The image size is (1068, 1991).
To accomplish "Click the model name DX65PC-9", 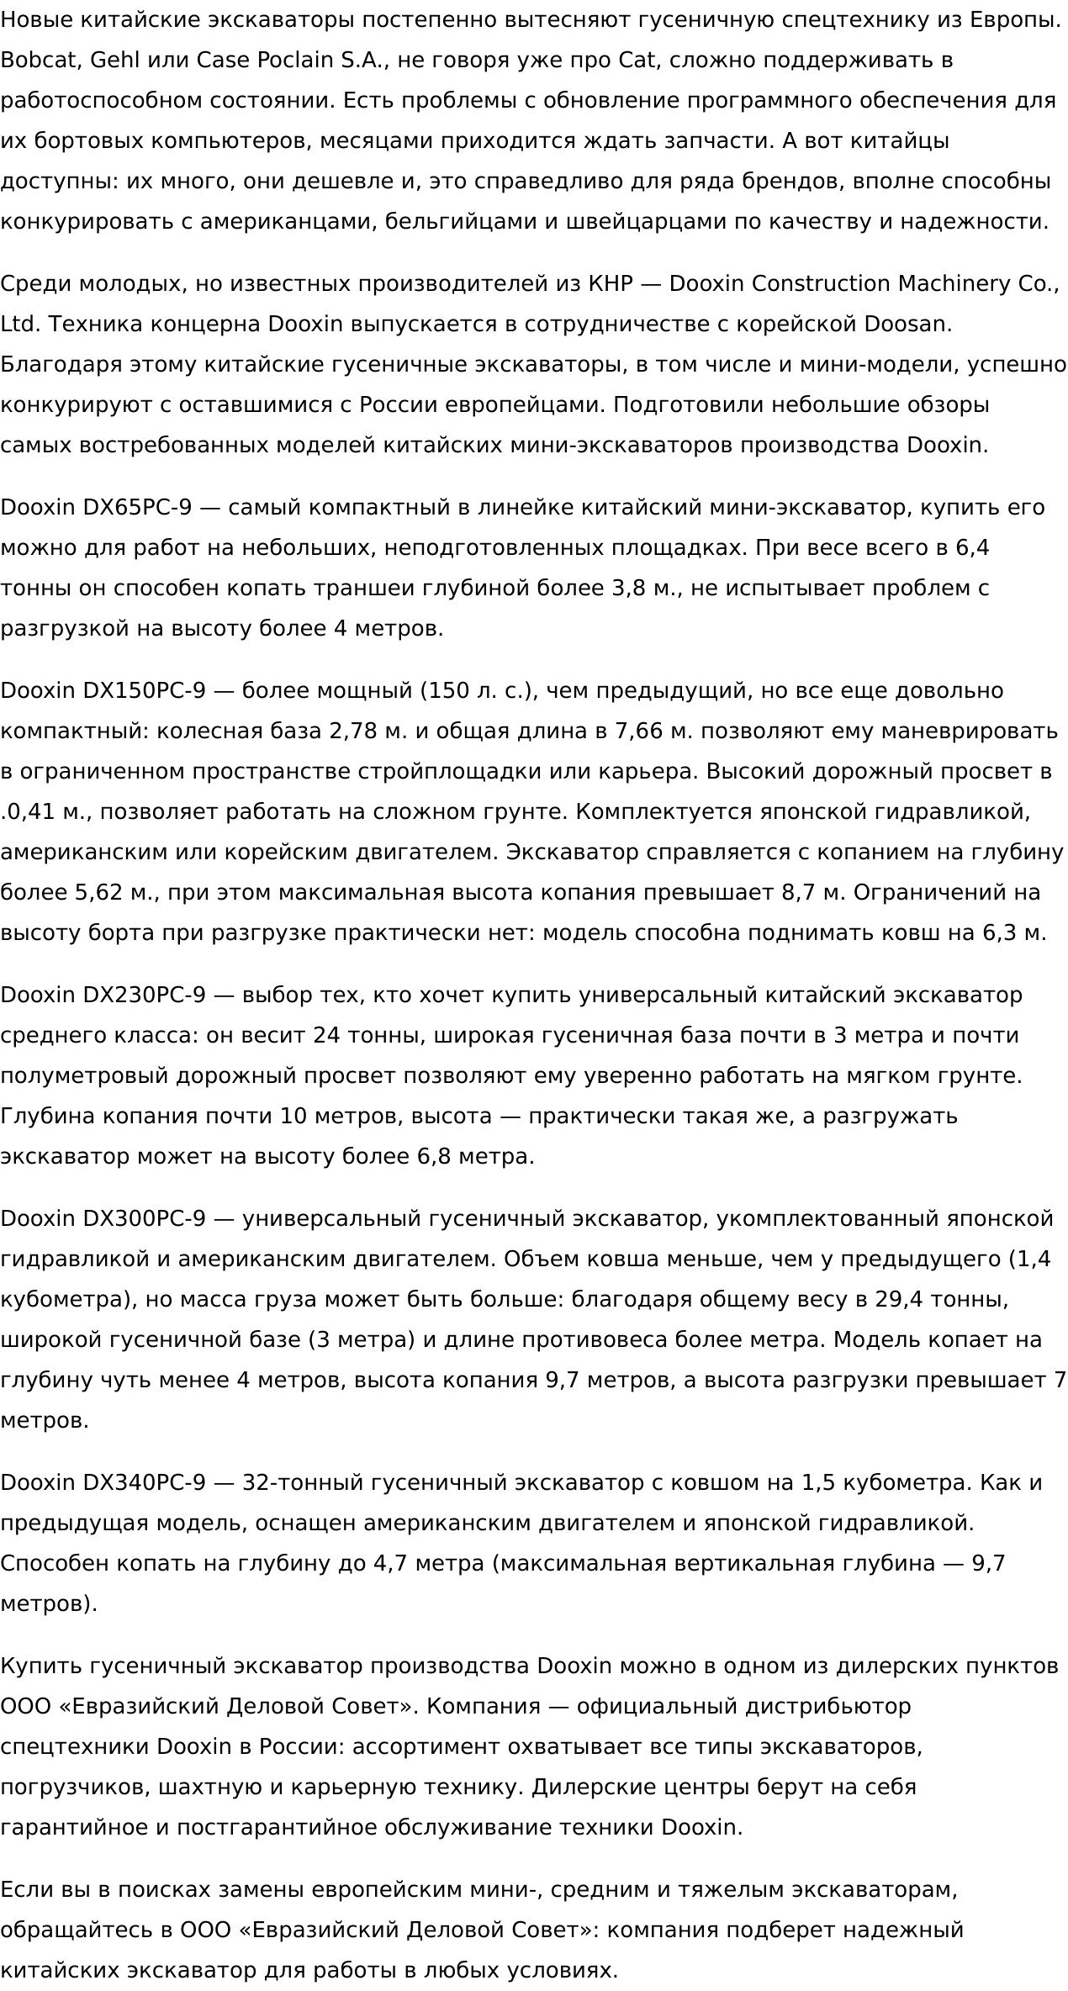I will (x=137, y=508).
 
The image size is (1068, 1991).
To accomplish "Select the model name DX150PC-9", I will (x=144, y=691).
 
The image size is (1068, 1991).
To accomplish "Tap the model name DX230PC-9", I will (x=144, y=996).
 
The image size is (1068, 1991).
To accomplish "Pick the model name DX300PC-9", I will (x=144, y=1219).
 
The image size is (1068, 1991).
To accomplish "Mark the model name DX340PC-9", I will (x=144, y=1483).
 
